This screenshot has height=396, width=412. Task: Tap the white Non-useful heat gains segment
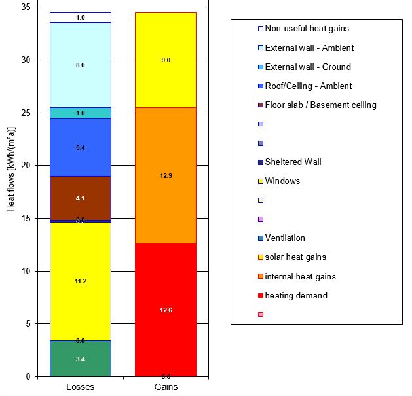[x=81, y=18]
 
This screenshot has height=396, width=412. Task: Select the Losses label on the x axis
[x=81, y=387]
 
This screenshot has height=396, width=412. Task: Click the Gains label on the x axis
[x=166, y=387]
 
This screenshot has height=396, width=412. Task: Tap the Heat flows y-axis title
[x=10, y=177]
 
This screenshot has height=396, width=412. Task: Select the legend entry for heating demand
[x=287, y=295]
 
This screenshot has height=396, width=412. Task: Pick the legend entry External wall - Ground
[x=299, y=67]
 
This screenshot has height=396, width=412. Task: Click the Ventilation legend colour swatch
[x=242, y=238]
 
